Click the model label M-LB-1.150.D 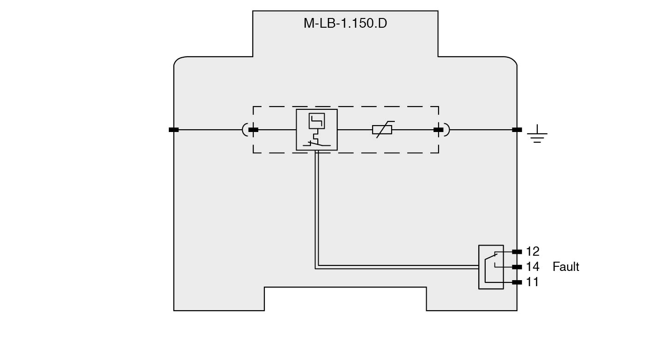click(x=345, y=23)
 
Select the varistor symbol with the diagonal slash click(x=382, y=130)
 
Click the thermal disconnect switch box click(x=316, y=130)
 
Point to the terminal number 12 click(x=532, y=252)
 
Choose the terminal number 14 click(x=532, y=267)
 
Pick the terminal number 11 click(x=532, y=282)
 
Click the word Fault click(x=565, y=267)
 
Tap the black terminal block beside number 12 click(x=517, y=252)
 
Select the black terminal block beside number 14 click(x=517, y=267)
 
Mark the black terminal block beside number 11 click(x=517, y=282)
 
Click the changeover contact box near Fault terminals click(x=491, y=267)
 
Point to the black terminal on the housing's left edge click(x=173, y=130)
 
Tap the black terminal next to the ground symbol click(x=517, y=130)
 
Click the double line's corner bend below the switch click(x=317, y=267)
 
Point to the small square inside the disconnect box click(x=316, y=120)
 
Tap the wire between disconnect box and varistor click(x=354, y=130)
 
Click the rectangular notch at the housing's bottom click(x=345, y=299)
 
